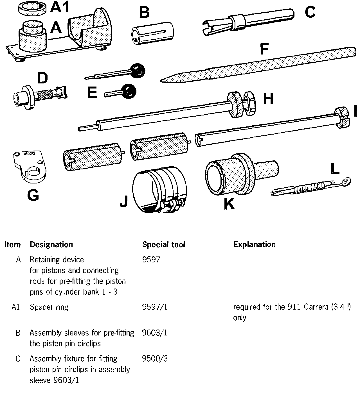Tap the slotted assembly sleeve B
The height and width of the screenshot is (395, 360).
point(152,33)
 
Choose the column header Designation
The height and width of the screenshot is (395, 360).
point(51,244)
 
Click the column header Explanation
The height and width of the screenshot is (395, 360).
point(254,244)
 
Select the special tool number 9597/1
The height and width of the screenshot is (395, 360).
point(155,307)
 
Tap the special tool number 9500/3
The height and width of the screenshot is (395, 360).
point(155,358)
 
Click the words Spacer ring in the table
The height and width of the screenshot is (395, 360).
point(49,307)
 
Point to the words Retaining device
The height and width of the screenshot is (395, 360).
point(57,260)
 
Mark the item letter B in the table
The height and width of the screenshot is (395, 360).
point(18,333)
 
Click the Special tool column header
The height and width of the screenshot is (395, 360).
point(163,244)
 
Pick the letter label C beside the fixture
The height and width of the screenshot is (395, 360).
point(310,12)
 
